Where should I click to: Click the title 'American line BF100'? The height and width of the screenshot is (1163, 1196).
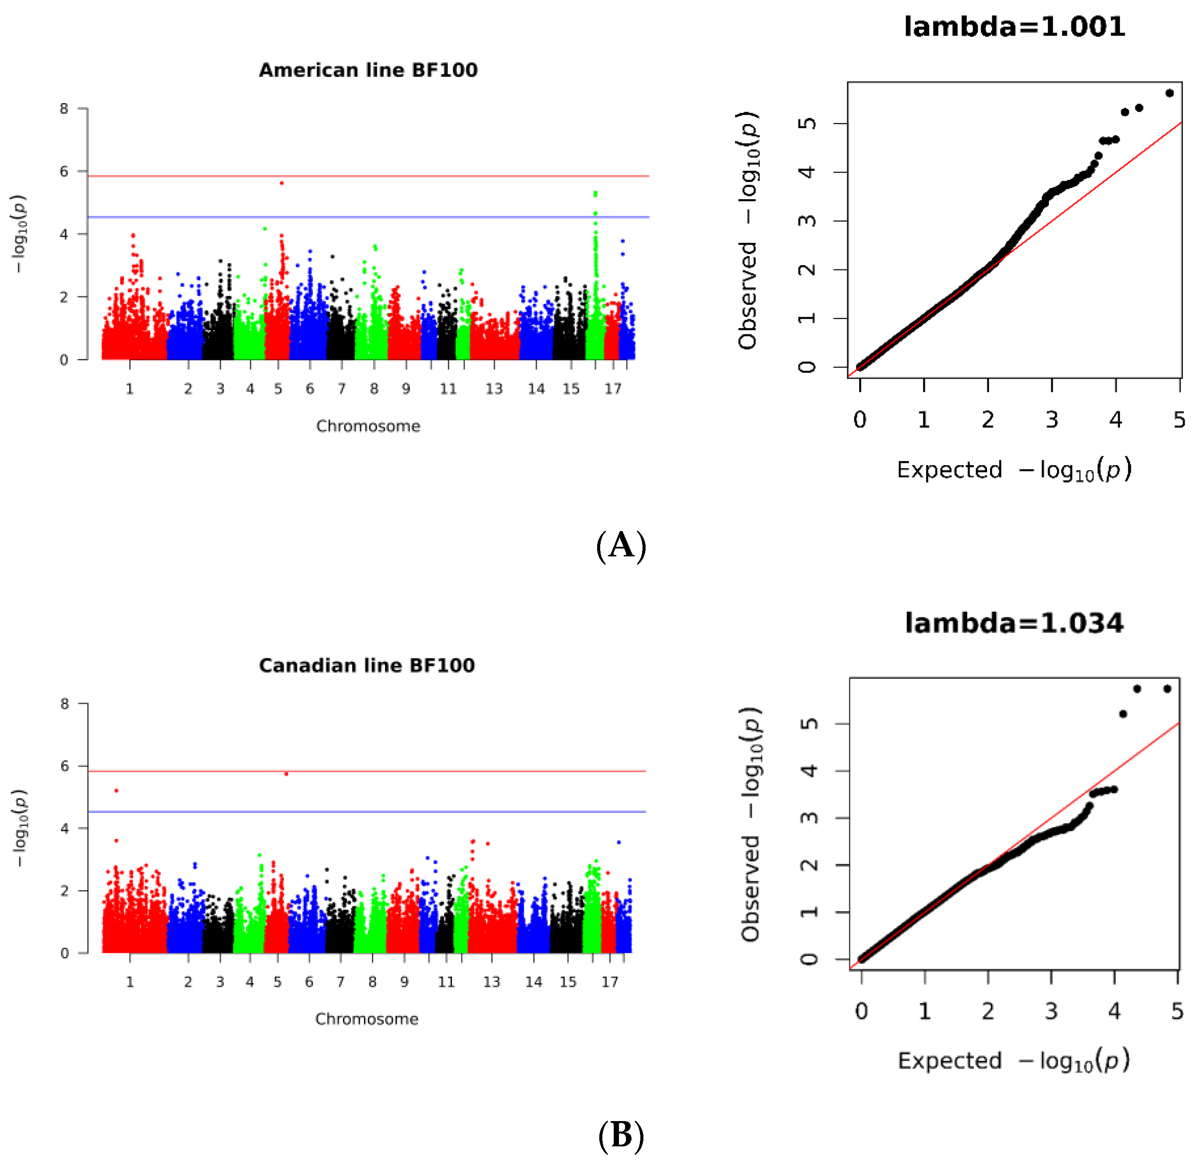pyautogui.click(x=368, y=70)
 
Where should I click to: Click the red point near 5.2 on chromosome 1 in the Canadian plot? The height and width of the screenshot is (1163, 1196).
pyautogui.click(x=117, y=791)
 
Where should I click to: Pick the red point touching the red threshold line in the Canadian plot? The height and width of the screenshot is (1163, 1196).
pyautogui.click(x=286, y=774)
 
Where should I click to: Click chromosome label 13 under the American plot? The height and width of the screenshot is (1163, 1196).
pyautogui.click(x=494, y=389)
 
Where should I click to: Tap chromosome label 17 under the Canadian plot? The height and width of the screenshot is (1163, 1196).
pyautogui.click(x=610, y=982)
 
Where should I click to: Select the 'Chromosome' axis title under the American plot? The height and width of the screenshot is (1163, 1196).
pyautogui.click(x=368, y=426)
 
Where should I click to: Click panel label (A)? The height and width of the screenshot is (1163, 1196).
pyautogui.click(x=621, y=545)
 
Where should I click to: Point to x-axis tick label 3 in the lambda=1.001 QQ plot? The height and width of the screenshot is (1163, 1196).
pyautogui.click(x=1052, y=420)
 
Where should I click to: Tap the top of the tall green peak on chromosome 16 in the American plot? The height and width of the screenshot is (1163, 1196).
pyautogui.click(x=595, y=193)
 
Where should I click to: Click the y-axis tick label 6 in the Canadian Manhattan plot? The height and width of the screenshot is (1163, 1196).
pyautogui.click(x=65, y=766)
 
